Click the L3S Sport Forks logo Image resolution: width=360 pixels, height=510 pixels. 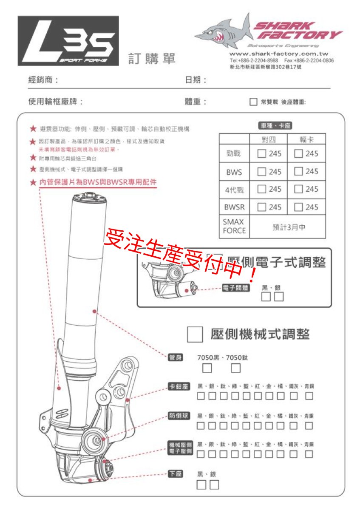click(x=68, y=41)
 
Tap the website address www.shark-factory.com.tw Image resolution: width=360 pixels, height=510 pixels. click(x=278, y=54)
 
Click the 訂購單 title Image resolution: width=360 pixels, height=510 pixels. click(x=152, y=59)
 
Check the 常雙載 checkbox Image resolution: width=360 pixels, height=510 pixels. click(x=253, y=102)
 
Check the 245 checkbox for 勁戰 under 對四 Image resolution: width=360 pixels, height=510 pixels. click(x=262, y=153)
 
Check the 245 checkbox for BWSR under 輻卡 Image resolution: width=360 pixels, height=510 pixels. click(x=299, y=207)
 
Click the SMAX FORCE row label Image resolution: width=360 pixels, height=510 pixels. click(x=234, y=227)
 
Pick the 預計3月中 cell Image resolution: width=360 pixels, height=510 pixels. click(x=287, y=227)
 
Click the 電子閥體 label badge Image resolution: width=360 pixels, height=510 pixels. click(x=236, y=288)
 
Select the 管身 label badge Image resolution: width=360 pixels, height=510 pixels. click(x=176, y=357)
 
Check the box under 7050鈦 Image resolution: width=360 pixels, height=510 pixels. click(x=236, y=368)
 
